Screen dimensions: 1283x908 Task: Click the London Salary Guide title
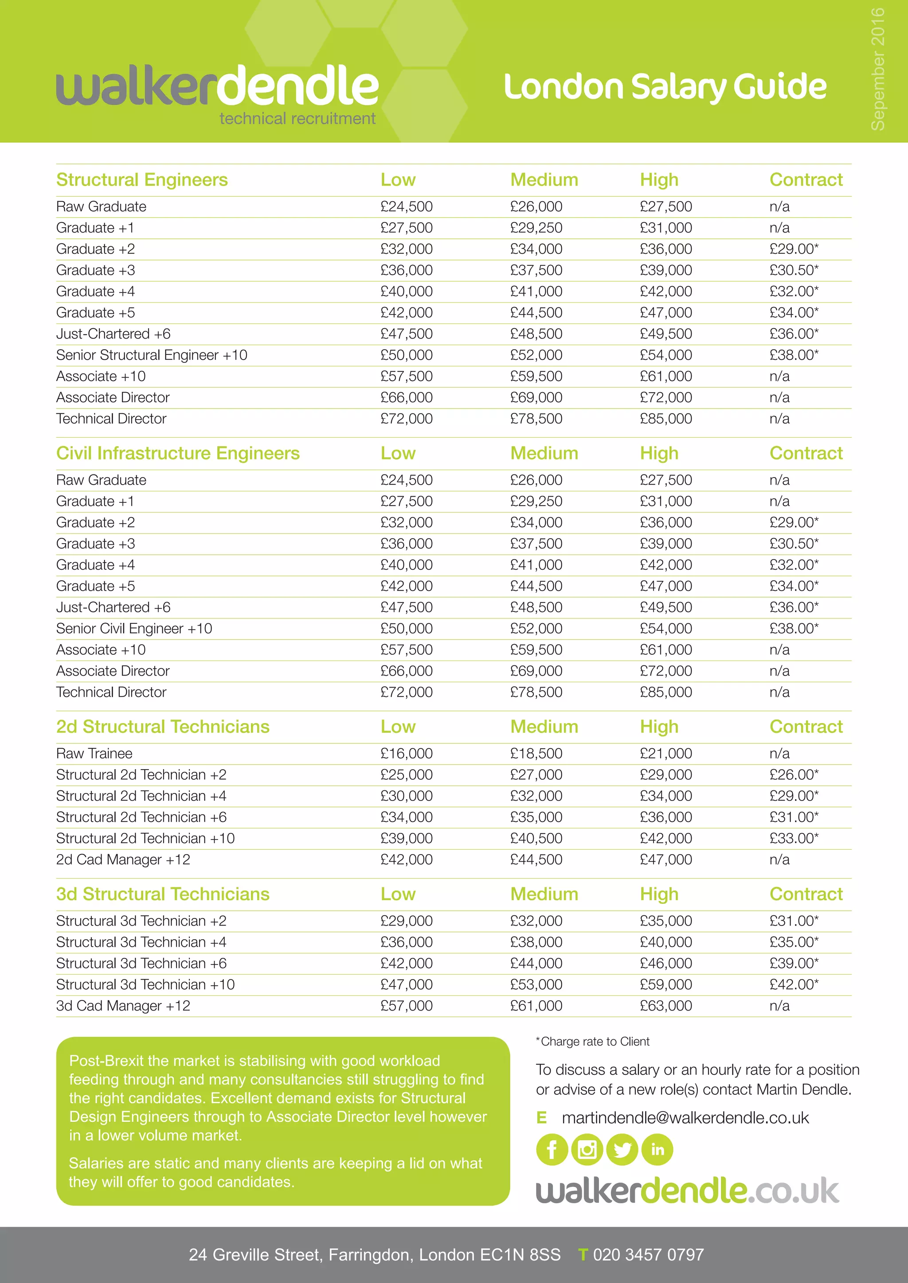point(664,88)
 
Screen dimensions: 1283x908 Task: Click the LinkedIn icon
point(657,1150)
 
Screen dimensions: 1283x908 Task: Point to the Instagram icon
point(587,1150)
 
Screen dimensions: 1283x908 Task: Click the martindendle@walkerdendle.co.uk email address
point(685,1118)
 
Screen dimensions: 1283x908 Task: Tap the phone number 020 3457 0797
point(648,1255)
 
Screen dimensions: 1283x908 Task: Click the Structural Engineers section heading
point(142,180)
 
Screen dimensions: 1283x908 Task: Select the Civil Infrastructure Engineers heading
point(178,453)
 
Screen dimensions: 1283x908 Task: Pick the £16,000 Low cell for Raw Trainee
point(407,753)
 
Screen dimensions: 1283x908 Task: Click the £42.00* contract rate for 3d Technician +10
point(793,984)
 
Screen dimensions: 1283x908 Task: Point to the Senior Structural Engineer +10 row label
point(152,355)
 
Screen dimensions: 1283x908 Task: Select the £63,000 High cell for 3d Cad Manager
point(665,1005)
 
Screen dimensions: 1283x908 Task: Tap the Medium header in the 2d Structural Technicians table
point(544,727)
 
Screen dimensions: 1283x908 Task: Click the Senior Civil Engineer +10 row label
point(134,628)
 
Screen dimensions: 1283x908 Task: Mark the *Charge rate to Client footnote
point(593,1042)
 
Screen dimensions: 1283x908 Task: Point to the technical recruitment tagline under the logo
point(297,118)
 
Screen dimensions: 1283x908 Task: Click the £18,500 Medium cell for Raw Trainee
point(536,753)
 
